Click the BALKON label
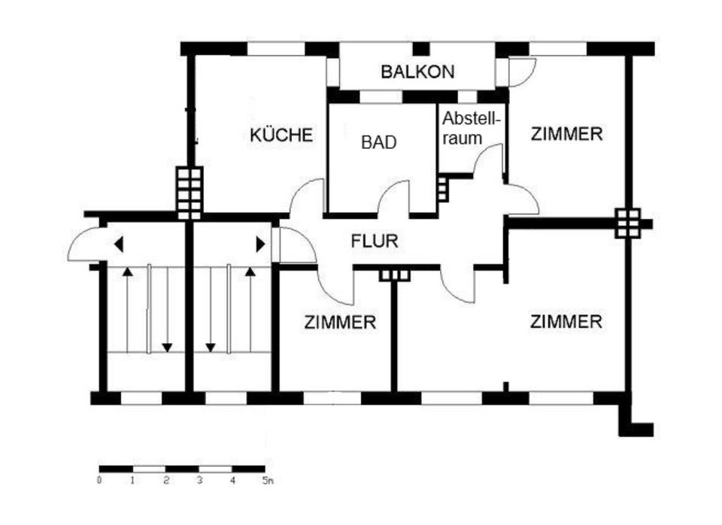pos(417,72)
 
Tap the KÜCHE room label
pos(281,135)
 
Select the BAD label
pos(378,142)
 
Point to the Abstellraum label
pos(472,129)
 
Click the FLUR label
pos(374,242)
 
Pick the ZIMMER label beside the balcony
pos(566,135)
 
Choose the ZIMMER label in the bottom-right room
pos(566,322)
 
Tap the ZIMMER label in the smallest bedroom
pos(340,323)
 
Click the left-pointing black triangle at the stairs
pos(118,244)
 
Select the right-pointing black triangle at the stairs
pos(260,244)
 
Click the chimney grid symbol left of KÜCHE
pos(189,193)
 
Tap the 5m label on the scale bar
pos(268,480)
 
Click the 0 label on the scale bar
pos(99,480)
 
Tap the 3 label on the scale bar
pos(199,480)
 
